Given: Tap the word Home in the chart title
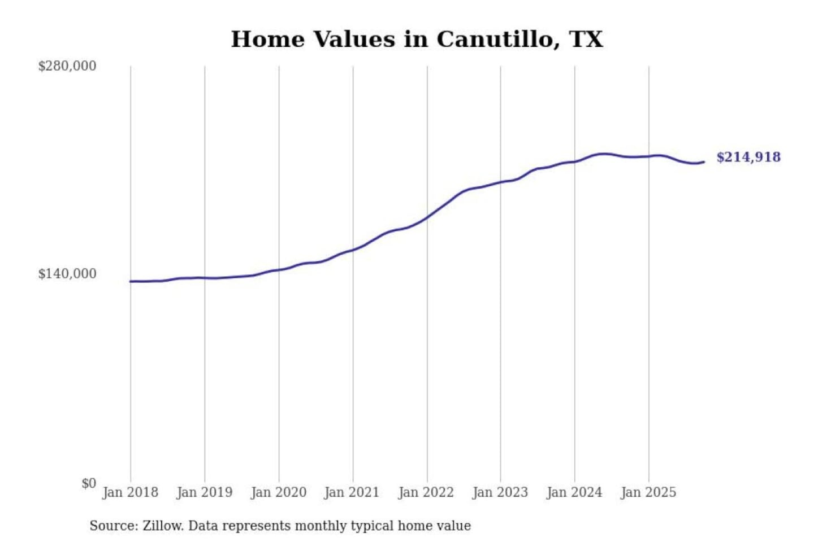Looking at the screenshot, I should click(x=268, y=40).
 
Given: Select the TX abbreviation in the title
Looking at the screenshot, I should click(x=586, y=40).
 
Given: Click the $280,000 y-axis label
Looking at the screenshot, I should click(x=67, y=66).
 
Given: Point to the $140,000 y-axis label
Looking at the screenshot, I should click(x=67, y=274).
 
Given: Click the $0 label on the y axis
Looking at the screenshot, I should click(x=89, y=483).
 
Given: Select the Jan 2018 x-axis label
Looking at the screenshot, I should click(x=131, y=492).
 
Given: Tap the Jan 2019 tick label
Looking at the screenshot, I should click(x=205, y=492).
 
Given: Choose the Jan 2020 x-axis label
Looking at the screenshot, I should click(x=279, y=492).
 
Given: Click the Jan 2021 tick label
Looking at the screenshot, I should click(x=352, y=492).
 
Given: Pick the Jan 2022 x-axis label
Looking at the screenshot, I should click(x=426, y=492).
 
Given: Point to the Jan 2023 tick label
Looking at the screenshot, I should click(x=500, y=492).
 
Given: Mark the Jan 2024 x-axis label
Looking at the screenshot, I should click(x=574, y=492).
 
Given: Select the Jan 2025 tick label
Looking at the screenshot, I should click(x=648, y=492).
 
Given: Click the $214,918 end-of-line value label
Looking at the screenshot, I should click(x=748, y=157).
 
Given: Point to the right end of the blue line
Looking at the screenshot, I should click(x=704, y=162).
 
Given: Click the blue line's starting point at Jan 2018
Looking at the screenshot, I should click(x=131, y=281).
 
